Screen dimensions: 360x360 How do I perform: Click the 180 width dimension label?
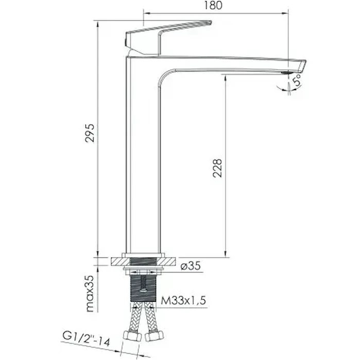pos(213,5)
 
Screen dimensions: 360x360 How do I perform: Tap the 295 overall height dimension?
pos(90,133)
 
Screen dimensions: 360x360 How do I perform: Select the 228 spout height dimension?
pos(217,168)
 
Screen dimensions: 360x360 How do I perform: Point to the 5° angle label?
pos(297,79)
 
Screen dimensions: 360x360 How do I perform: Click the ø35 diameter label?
pos(191,266)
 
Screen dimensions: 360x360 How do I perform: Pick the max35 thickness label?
pos(90,294)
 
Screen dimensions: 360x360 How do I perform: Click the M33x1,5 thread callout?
pos(183,300)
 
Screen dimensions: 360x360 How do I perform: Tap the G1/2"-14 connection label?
pos(87,339)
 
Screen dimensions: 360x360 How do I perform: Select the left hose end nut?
pos(133,336)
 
